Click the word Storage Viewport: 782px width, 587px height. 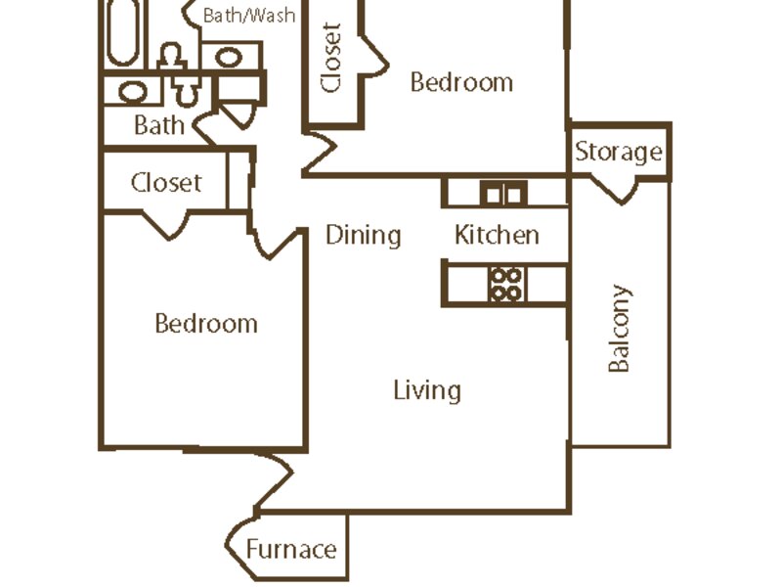[619, 153]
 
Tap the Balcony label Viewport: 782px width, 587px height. [619, 329]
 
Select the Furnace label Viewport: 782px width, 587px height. [291, 549]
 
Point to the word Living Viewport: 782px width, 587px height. [427, 390]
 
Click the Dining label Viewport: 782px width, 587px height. [363, 235]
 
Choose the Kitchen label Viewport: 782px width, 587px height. [497, 235]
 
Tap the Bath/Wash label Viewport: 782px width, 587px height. [249, 16]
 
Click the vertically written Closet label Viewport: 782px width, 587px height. [331, 58]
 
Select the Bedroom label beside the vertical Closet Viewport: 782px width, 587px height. [461, 82]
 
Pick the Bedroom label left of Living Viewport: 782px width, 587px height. [206, 324]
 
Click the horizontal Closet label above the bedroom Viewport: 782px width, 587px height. [166, 183]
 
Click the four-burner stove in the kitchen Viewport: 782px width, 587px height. [506, 284]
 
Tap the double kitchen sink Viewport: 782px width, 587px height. [503, 193]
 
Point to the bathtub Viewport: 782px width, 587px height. [123, 32]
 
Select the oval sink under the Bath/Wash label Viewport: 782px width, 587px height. [229, 58]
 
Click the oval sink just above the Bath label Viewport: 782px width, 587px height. [132, 92]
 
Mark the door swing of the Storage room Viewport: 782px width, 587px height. [614, 190]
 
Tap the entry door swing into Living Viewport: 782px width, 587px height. [274, 479]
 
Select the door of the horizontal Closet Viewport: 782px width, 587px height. [166, 225]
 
